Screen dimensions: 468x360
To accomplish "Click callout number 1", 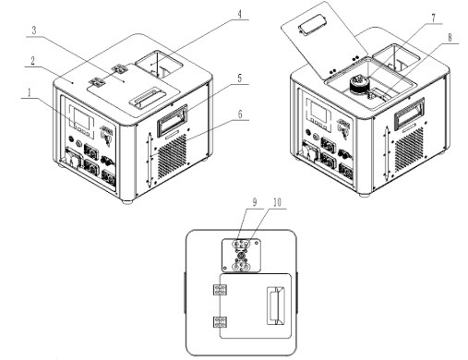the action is coord(30,92).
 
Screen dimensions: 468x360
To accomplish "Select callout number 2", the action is coord(32,61).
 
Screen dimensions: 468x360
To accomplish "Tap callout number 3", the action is coord(34,30).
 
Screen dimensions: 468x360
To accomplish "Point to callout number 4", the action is coord(239,14).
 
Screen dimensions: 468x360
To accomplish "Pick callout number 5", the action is coord(240,78).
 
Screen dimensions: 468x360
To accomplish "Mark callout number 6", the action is coord(240,114).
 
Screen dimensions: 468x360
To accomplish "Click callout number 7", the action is coord(434,18).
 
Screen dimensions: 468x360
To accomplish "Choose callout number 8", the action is coord(450,38).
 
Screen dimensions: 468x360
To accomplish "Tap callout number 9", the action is coord(255,202).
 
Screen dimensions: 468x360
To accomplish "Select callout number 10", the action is coord(277,202).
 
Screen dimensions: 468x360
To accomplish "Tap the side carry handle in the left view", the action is coord(172,120).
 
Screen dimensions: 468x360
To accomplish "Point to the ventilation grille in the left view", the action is coord(173,157).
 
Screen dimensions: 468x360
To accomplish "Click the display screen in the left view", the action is coord(81,118).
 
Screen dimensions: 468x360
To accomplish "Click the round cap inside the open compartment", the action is coord(358,84).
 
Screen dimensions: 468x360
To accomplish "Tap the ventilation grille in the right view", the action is coord(408,150).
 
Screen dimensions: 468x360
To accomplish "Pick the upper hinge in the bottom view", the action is coord(221,290).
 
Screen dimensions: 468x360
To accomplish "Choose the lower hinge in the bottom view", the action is coord(221,322).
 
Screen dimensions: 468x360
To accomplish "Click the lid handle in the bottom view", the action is coord(275,306).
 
